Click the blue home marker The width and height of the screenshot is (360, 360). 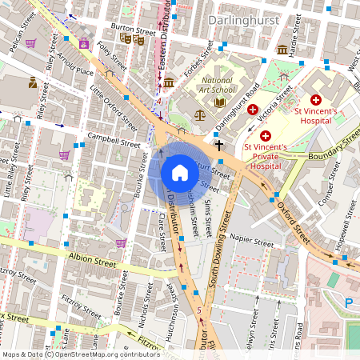[180, 173]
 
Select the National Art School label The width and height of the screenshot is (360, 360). [216, 86]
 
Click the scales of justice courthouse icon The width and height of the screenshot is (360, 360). [199, 114]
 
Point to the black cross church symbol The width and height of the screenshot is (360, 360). [218, 146]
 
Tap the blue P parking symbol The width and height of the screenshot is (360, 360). [348, 302]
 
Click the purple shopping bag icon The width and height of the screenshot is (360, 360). [84, 44]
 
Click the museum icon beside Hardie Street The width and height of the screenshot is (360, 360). [282, 50]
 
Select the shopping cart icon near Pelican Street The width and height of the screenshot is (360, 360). [30, 43]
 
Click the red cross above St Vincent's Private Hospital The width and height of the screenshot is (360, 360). [265, 137]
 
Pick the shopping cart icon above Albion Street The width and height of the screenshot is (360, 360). [121, 242]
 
